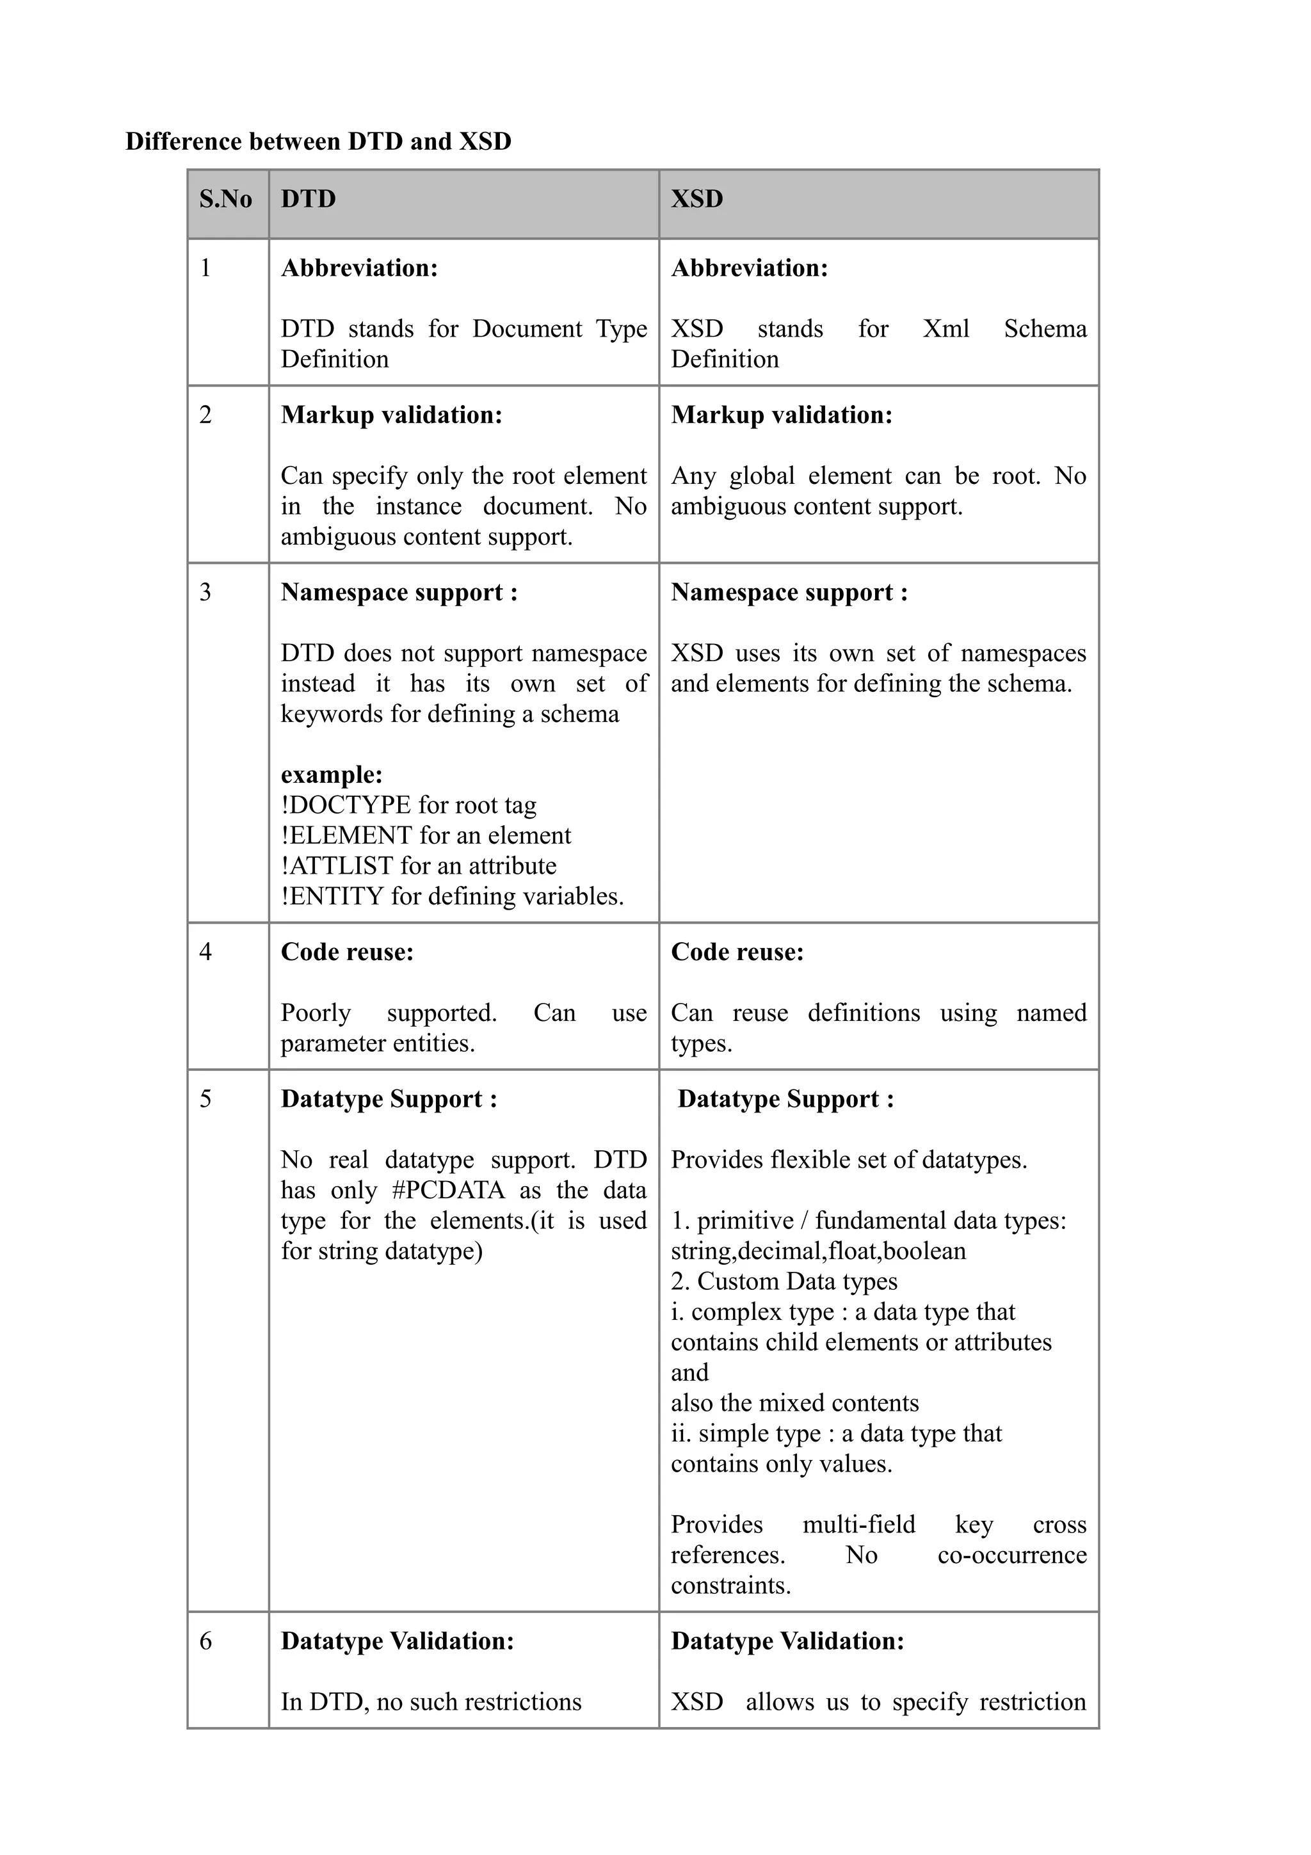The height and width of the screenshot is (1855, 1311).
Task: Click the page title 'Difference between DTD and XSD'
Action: pos(318,141)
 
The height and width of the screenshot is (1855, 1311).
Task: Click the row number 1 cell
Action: pos(206,268)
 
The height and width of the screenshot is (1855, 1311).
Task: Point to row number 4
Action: pos(206,952)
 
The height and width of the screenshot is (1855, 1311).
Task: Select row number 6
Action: pos(206,1641)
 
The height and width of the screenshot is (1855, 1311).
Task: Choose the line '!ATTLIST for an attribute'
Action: pos(419,865)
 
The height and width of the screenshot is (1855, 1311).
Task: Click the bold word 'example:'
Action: pos(331,774)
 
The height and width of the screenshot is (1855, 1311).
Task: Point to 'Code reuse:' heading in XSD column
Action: pos(737,952)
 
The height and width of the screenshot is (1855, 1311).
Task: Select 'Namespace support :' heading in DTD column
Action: pos(399,592)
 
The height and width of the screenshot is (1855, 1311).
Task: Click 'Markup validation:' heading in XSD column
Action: pos(781,415)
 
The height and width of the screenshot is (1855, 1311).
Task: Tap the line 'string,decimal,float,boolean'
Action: pos(817,1251)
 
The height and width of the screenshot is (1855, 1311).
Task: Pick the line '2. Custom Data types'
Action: pos(784,1281)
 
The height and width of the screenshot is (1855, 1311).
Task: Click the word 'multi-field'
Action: pos(858,1525)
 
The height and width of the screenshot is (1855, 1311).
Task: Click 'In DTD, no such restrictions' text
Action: pos(431,1701)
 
